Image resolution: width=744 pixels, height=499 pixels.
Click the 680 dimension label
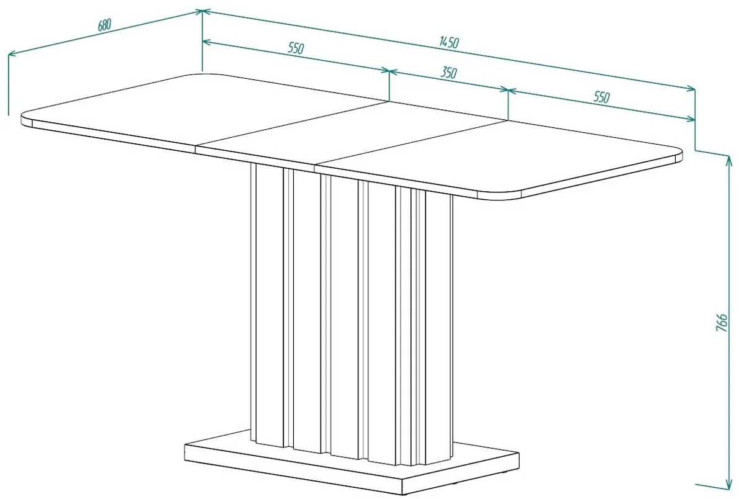105,25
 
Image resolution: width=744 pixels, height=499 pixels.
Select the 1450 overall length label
449,42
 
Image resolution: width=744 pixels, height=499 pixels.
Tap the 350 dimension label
449,73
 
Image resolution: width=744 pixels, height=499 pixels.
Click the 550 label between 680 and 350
296,48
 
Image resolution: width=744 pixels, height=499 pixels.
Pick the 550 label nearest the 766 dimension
602,97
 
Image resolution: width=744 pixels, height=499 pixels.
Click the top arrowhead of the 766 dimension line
729,161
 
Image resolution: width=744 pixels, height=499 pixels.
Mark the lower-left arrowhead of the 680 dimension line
12,53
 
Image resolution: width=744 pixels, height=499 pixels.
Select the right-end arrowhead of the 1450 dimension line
691,88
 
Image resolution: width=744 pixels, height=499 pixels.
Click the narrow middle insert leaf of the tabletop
352,135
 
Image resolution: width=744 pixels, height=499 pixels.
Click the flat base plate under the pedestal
352,465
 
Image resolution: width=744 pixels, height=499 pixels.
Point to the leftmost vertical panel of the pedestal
270,304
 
